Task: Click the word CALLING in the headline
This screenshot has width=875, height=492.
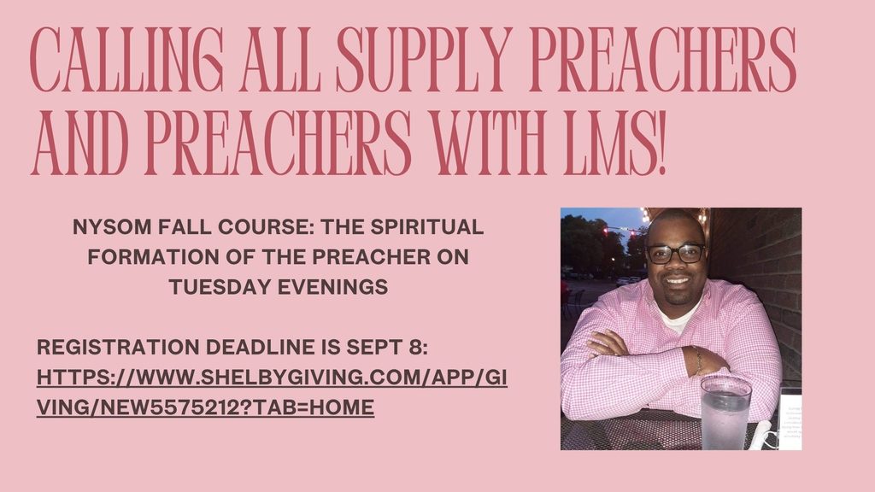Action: (x=126, y=59)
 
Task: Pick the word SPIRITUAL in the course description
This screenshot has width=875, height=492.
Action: (x=427, y=227)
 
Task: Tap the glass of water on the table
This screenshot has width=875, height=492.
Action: (x=725, y=413)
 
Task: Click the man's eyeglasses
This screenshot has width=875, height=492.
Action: (x=675, y=254)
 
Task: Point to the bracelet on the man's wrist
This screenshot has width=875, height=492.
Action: (x=698, y=360)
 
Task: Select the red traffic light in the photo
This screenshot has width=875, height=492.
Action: (x=606, y=230)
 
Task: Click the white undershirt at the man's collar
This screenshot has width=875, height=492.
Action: (x=677, y=317)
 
